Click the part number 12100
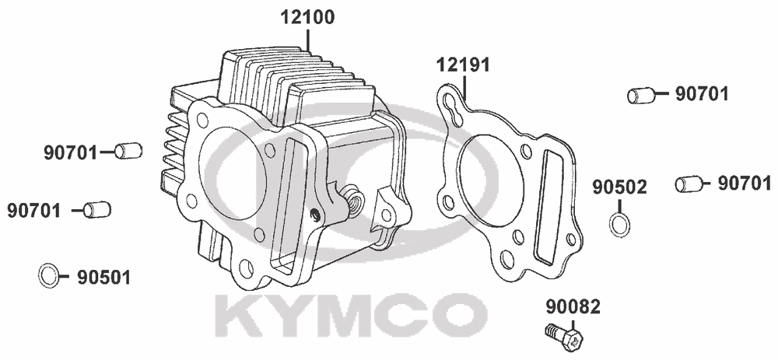[307, 17]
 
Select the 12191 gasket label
[463, 65]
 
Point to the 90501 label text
[103, 278]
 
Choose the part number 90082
[573, 307]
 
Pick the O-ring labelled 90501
[48, 276]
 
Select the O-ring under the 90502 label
[619, 224]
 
